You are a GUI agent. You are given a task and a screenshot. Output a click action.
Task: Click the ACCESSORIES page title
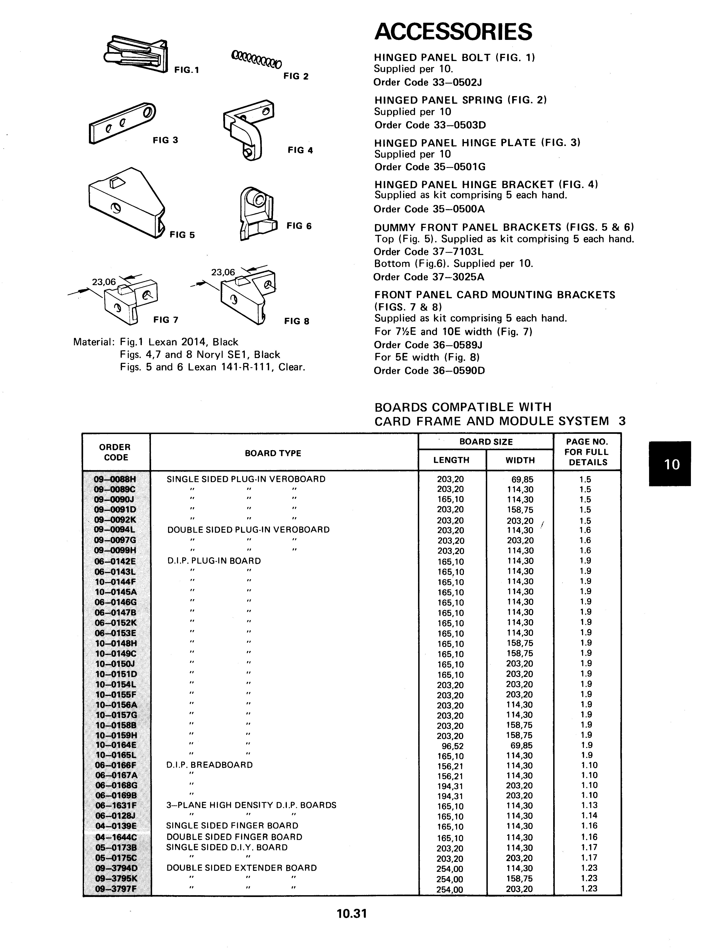click(453, 32)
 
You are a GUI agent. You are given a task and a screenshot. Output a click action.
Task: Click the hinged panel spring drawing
click(256, 60)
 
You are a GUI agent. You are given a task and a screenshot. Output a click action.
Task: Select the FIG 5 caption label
click(182, 235)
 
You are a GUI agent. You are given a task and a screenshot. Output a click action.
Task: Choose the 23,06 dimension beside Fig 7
click(104, 282)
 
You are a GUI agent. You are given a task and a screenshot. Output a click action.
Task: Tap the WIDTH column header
click(520, 460)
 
